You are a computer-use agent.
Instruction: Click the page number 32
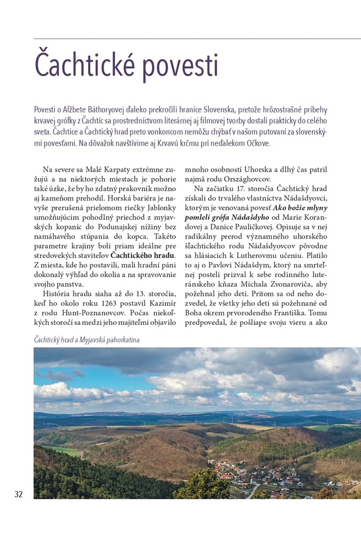pos(19,494)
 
